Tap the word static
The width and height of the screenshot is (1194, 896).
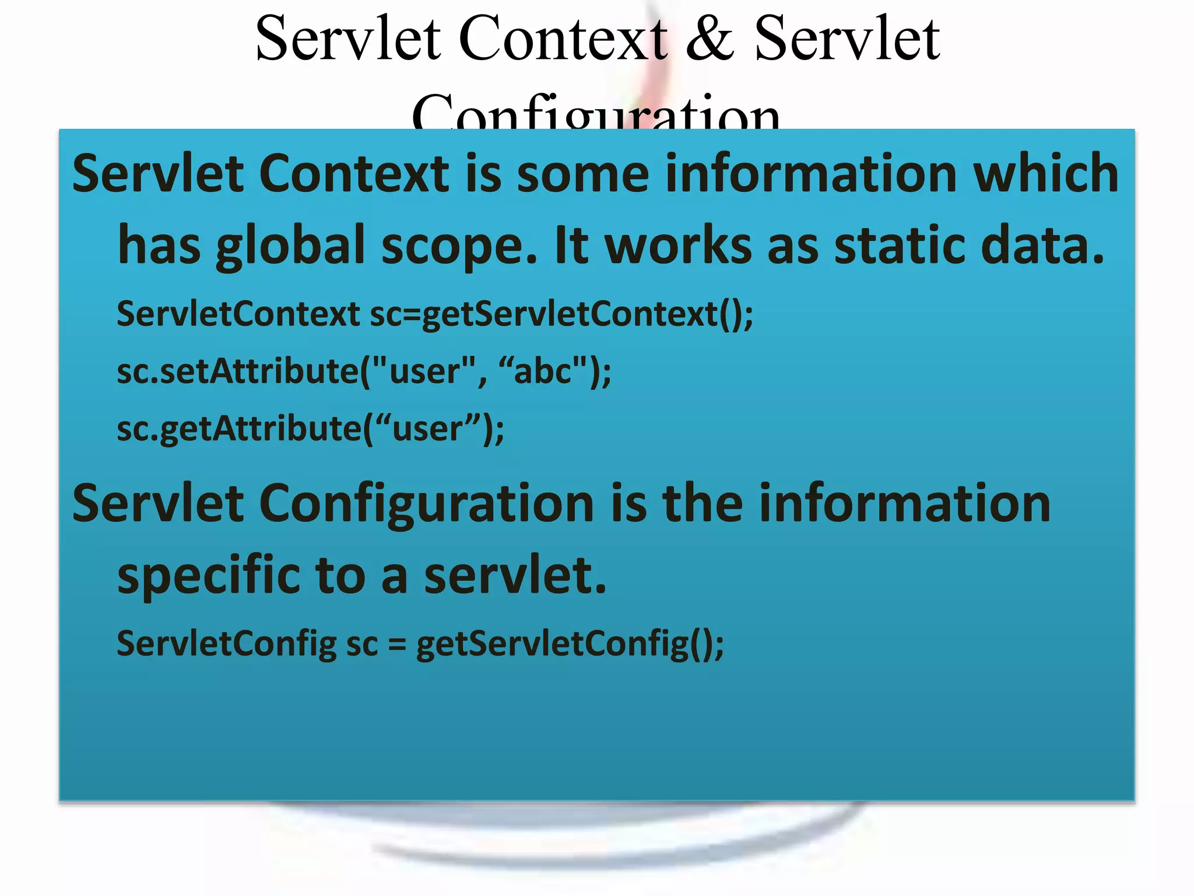pos(901,245)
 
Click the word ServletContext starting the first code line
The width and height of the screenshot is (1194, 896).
pos(238,314)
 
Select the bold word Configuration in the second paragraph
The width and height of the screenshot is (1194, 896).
pos(426,504)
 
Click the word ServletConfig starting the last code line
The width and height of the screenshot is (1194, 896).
pos(226,643)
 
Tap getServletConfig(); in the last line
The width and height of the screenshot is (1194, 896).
pos(570,645)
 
